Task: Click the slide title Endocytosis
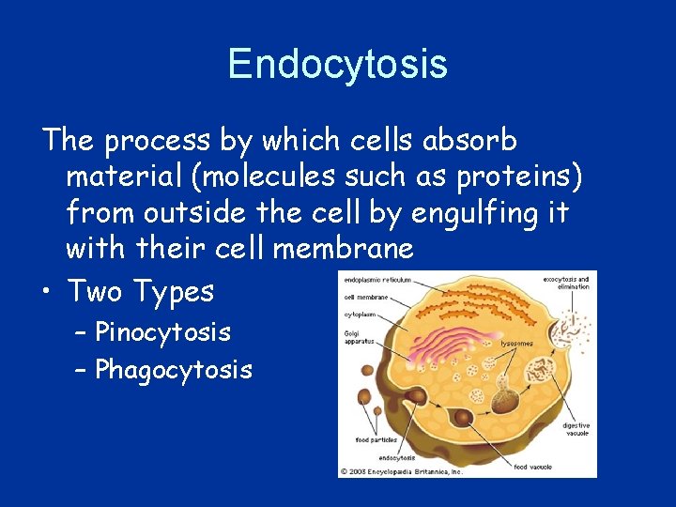pyautogui.click(x=337, y=64)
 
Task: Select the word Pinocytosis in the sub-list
pyautogui.click(x=162, y=332)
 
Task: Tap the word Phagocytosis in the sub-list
pyautogui.click(x=174, y=370)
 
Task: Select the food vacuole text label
pyautogui.click(x=533, y=466)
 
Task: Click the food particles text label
pyautogui.click(x=375, y=439)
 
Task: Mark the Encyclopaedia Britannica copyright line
pyautogui.click(x=402, y=471)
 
